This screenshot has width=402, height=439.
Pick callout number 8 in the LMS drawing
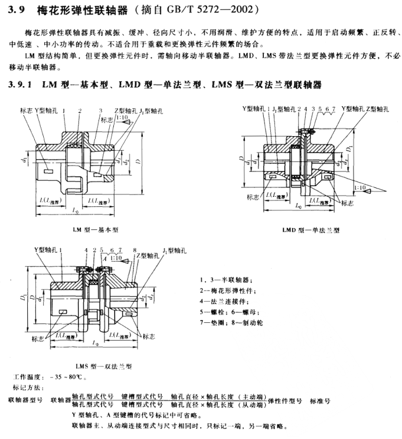click(135, 250)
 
